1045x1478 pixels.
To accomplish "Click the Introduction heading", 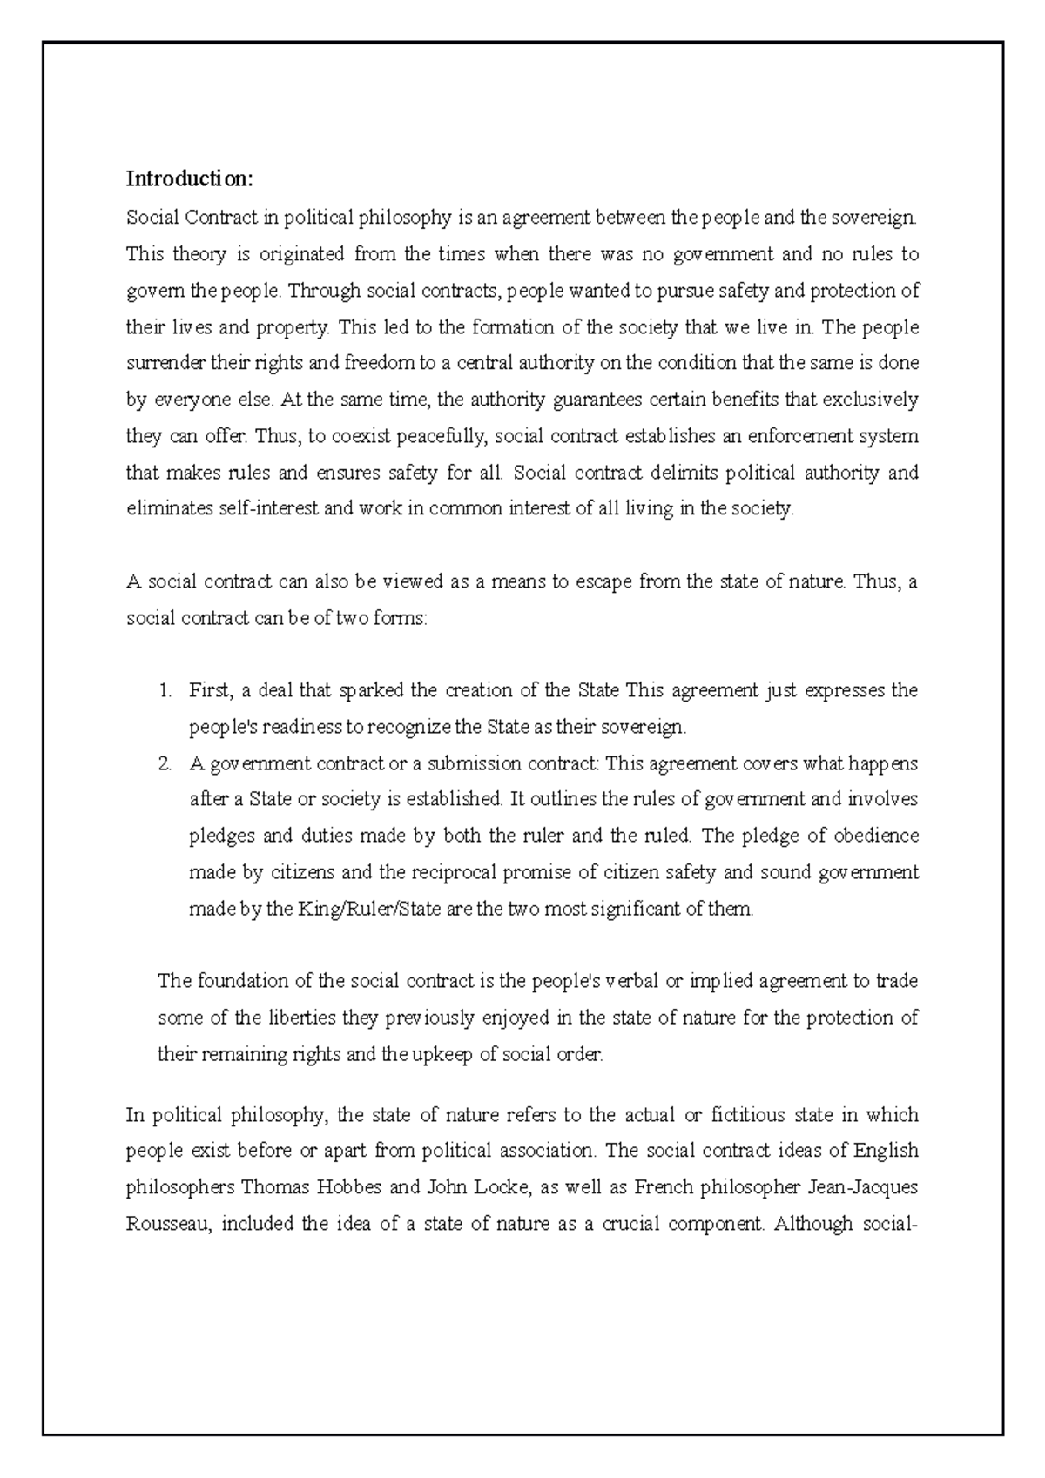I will [190, 179].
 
